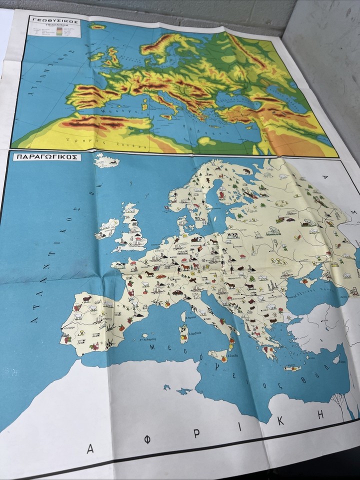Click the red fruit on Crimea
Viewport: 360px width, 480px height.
point(304,281)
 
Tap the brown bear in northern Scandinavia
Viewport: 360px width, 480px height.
point(246,171)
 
